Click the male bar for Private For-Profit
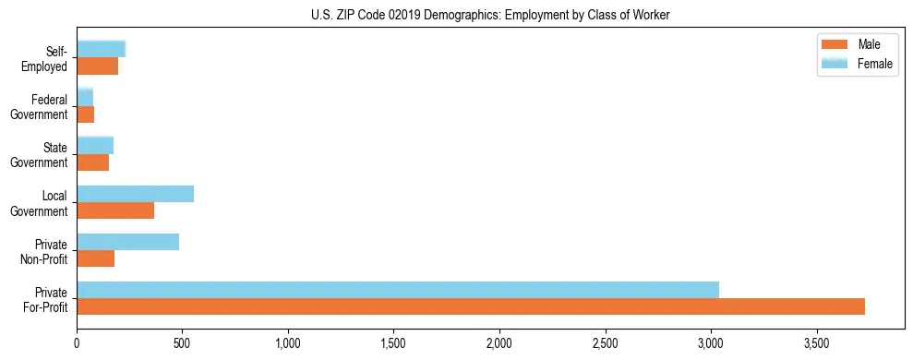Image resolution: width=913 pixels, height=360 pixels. point(471,306)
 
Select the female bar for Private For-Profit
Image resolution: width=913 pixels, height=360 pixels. point(398,290)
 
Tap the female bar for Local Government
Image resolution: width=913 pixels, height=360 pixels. point(135,194)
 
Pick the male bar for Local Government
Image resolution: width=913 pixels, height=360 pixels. point(115,210)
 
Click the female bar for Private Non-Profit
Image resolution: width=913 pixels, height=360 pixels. point(127,242)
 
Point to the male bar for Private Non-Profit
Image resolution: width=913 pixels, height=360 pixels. point(95,258)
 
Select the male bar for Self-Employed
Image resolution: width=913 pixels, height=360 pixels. point(97,66)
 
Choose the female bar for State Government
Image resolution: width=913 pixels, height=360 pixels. point(95,145)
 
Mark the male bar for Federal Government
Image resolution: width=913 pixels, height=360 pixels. point(85,114)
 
